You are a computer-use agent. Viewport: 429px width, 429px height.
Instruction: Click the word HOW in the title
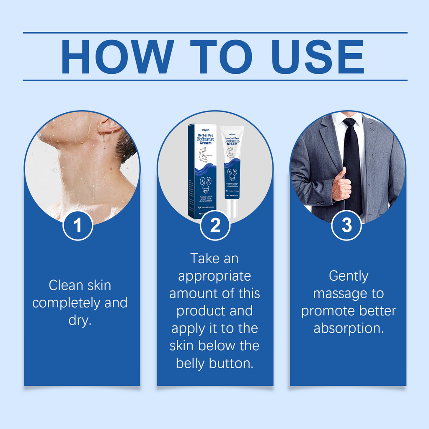(117, 57)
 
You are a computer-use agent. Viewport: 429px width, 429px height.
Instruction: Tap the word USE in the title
(317, 57)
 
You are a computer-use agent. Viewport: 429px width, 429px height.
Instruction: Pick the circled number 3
(346, 225)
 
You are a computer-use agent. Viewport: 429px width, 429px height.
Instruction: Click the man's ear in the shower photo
(107, 124)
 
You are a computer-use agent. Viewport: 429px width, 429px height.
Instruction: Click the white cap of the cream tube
(232, 209)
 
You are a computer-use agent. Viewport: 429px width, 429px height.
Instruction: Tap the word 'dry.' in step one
(80, 320)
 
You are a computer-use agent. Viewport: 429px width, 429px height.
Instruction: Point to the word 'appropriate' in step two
(214, 277)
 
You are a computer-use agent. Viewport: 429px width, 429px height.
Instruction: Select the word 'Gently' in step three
(348, 276)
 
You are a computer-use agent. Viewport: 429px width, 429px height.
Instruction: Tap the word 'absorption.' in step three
(348, 328)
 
